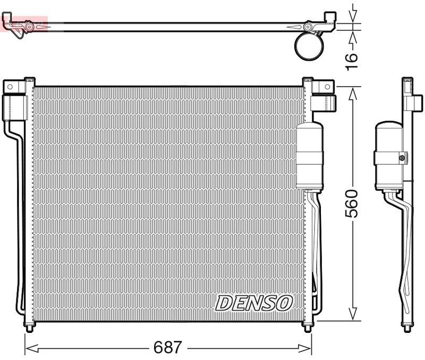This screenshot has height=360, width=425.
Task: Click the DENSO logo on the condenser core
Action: click(254, 303)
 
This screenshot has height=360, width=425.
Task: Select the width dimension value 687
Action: click(167, 348)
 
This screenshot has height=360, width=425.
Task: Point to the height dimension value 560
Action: click(352, 203)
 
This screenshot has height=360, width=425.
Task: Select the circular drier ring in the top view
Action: click(309, 46)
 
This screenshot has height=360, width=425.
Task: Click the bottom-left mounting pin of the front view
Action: click(28, 327)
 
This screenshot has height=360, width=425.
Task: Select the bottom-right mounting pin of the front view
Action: click(308, 327)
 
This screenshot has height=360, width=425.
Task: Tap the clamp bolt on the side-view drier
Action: click(402, 157)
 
